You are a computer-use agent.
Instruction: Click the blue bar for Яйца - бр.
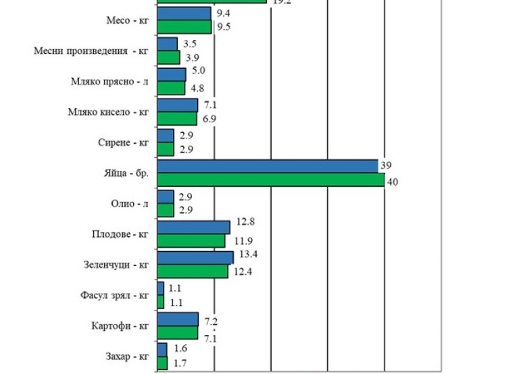(267, 166)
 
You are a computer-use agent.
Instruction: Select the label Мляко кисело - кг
(108, 112)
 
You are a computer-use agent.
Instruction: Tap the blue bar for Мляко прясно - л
(171, 74)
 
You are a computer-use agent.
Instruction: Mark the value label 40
(392, 182)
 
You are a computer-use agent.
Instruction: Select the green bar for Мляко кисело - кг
(176, 119)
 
